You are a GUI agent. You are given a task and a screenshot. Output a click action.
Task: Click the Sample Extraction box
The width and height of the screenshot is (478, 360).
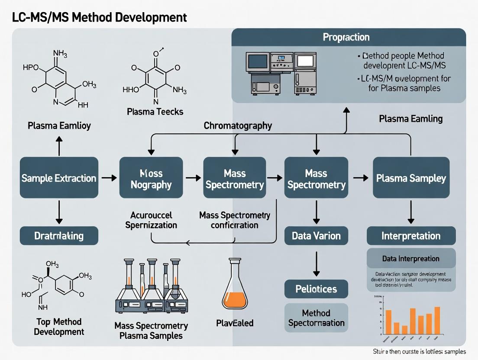(x=59, y=178)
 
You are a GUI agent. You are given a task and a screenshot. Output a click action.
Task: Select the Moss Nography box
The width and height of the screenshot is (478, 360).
(x=151, y=178)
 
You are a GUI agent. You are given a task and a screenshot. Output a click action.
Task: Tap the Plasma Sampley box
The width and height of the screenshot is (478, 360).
(x=411, y=178)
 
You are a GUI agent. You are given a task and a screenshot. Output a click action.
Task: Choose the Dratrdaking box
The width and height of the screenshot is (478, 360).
(x=59, y=236)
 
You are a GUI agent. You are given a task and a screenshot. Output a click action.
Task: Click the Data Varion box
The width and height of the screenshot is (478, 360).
(x=316, y=236)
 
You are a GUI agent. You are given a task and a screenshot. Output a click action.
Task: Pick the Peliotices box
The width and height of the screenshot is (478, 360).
(x=316, y=289)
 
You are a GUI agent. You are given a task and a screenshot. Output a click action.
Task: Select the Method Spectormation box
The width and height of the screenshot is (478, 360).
(x=316, y=318)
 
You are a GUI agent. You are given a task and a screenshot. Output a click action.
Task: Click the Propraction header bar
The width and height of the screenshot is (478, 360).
(x=349, y=37)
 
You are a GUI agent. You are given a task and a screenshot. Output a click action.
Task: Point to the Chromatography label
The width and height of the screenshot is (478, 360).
(x=238, y=126)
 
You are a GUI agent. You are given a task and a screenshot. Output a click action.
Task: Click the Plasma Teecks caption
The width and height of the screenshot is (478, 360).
(x=155, y=112)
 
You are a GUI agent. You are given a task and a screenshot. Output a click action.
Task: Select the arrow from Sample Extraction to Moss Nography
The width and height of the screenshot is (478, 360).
(x=108, y=178)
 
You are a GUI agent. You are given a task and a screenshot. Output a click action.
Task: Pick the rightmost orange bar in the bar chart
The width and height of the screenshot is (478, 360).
(x=437, y=321)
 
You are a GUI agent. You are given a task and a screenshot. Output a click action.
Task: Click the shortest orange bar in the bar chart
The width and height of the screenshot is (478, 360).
(x=404, y=330)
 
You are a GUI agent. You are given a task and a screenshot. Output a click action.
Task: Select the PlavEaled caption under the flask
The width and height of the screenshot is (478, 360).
(x=234, y=323)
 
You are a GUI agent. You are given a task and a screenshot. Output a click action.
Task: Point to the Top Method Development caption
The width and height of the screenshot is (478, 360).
(x=59, y=327)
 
